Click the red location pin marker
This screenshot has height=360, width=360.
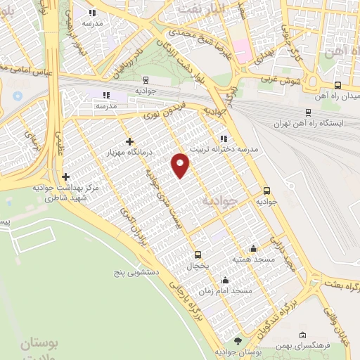tap(181, 165)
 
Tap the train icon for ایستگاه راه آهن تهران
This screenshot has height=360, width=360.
tap(308, 112)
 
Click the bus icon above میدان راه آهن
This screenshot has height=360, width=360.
tap(337, 85)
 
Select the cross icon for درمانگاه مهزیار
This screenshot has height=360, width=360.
tap(129, 141)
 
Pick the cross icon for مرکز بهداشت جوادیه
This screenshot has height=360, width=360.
tap(65, 176)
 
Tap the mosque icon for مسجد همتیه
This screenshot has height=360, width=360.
tap(253, 248)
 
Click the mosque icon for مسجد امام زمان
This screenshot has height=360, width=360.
tap(224, 279)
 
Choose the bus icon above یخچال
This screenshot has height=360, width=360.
tap(198, 255)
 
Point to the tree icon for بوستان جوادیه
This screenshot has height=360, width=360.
tap(238, 340)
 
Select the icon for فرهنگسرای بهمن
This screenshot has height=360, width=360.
tap(302, 335)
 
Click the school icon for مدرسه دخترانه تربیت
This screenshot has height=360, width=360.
tap(224, 138)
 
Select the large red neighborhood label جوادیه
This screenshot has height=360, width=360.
tap(221, 201)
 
